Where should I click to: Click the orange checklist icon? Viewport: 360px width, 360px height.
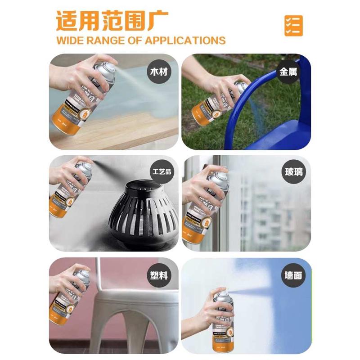(x=293, y=26)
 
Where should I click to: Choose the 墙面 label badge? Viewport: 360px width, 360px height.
(x=292, y=274)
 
